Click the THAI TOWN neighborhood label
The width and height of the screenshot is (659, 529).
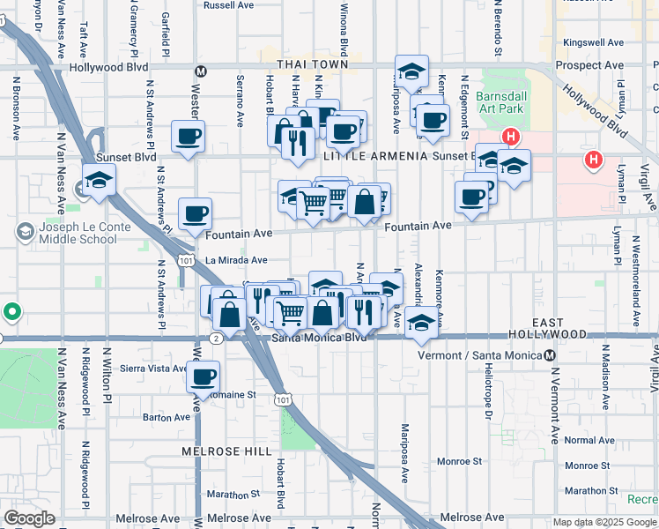coord(313,64)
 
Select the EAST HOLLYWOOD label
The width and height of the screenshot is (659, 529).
coord(548,334)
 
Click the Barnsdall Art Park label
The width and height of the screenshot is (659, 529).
coord(499,102)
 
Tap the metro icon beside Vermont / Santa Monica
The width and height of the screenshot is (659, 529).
coord(550,354)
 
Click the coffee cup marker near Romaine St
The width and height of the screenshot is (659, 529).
coord(203,376)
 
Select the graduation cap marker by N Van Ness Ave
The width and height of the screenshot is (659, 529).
coord(100,180)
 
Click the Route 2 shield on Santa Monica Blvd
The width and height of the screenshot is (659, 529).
coord(216,337)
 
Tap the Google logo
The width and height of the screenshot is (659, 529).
coord(29,518)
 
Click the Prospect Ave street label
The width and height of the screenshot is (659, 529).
coord(594,65)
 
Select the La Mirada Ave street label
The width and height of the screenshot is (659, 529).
coord(236,260)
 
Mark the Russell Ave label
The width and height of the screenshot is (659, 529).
coord(228,4)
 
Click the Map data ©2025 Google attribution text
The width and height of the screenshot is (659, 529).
coord(604,522)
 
